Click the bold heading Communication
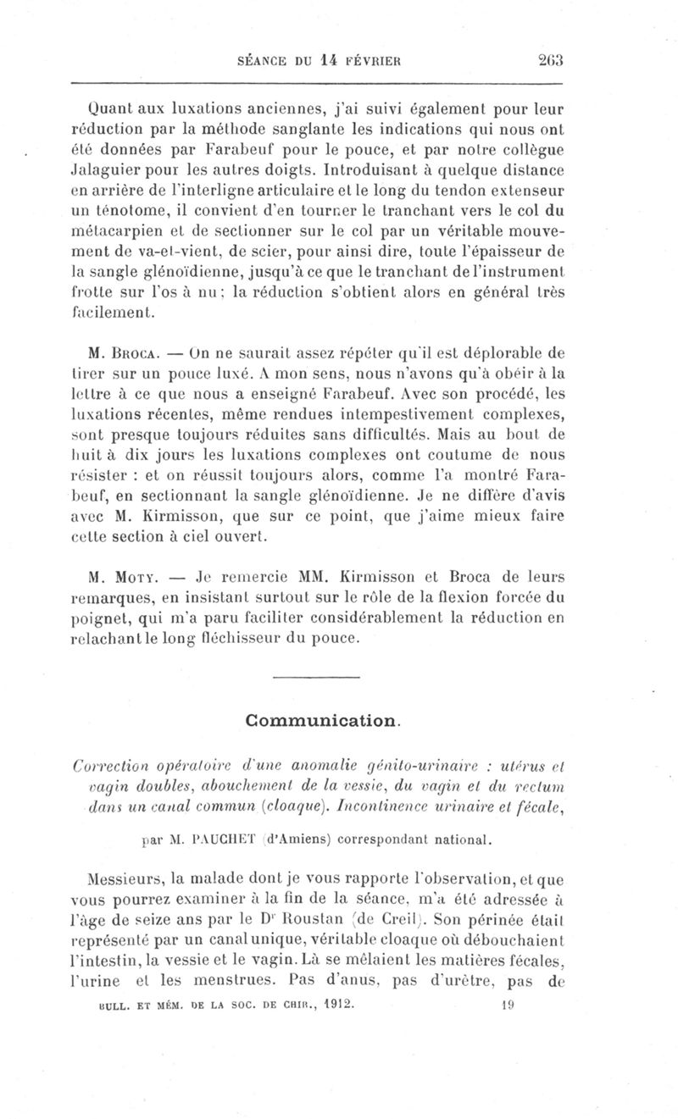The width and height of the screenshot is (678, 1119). [321, 720]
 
